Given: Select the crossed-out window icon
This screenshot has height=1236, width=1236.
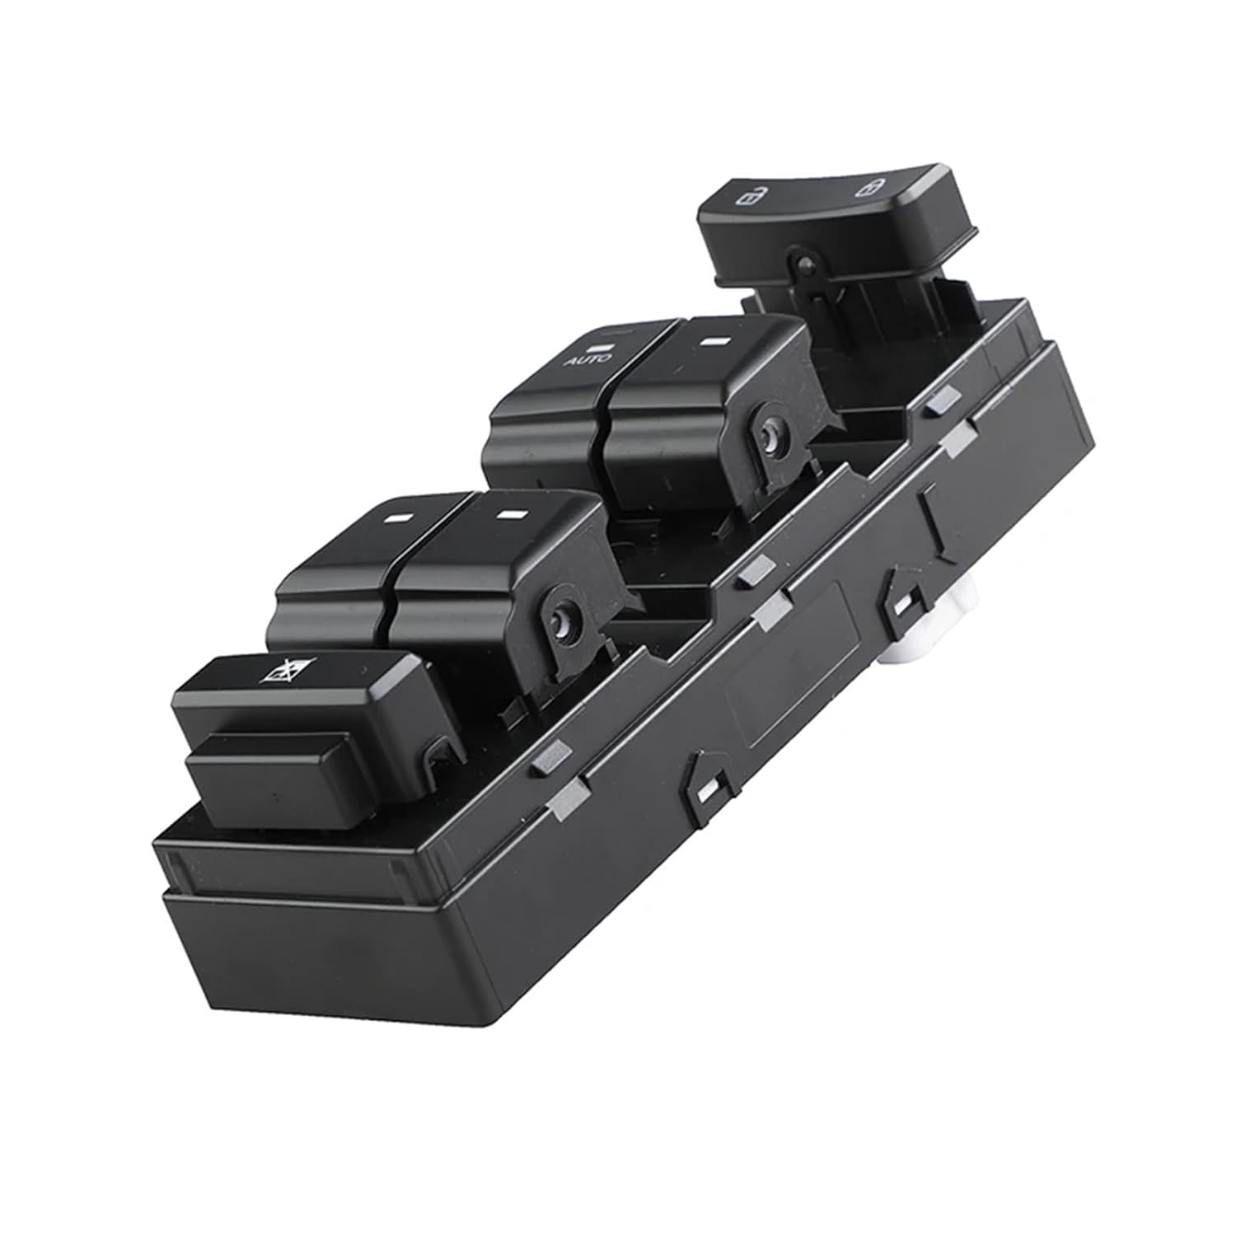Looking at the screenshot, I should (271, 672).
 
